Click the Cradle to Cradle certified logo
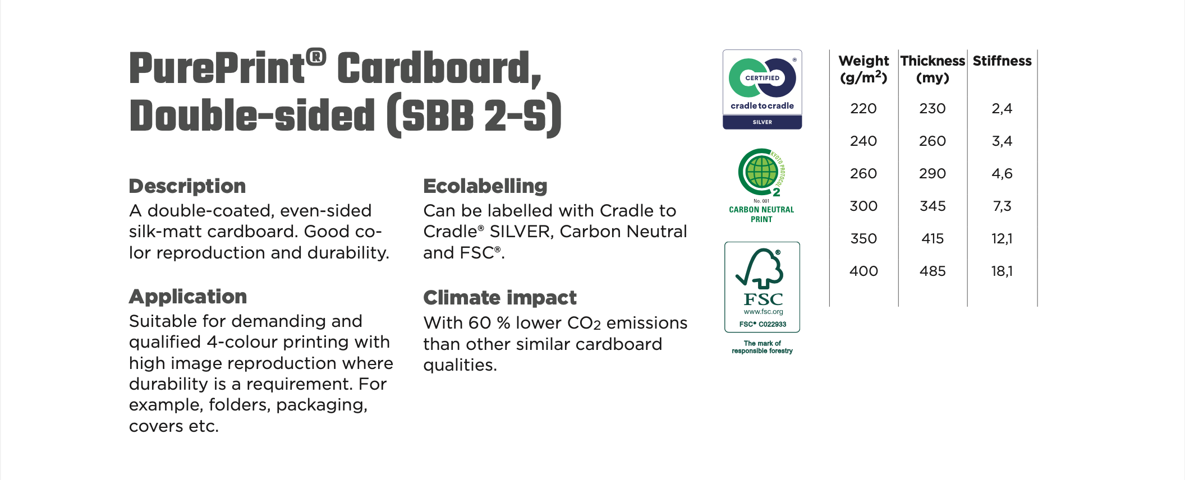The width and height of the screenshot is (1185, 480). [762, 89]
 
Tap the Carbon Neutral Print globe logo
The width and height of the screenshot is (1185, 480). [761, 186]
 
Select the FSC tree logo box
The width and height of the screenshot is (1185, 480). [762, 287]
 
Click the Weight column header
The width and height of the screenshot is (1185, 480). [864, 69]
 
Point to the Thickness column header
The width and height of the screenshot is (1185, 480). [933, 69]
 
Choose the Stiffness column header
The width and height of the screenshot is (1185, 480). [1002, 61]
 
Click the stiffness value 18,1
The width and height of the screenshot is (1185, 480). [1002, 271]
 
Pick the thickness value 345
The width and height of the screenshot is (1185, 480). [933, 206]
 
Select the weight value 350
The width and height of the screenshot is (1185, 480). [864, 239]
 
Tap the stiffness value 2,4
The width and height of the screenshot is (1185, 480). [1002, 109]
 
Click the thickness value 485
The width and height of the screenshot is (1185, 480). [933, 271]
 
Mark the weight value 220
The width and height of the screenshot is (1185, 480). [864, 109]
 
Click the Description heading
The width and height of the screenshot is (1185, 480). [187, 186]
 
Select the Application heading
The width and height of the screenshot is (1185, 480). [188, 297]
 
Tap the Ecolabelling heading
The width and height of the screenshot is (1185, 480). [485, 186]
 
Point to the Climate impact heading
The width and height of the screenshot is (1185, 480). [500, 298]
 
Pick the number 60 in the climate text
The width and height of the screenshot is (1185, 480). [480, 323]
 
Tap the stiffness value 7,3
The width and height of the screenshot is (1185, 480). [1002, 206]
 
